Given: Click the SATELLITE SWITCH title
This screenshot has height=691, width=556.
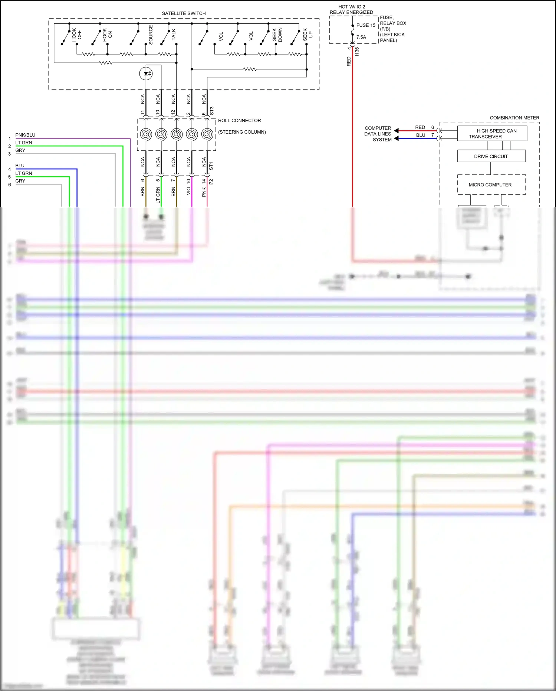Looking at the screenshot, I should pyautogui.click(x=184, y=13).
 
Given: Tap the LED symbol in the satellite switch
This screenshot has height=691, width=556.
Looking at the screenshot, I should pyautogui.click(x=146, y=73).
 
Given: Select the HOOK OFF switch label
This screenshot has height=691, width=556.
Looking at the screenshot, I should pyautogui.click(x=76, y=35).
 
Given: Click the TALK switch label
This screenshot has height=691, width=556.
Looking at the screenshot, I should pyautogui.click(x=173, y=35).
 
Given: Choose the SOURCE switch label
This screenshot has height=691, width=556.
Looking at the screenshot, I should pyautogui.click(x=151, y=35).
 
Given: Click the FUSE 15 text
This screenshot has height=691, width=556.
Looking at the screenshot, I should pyautogui.click(x=366, y=25).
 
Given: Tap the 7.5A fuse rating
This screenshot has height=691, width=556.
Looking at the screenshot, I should pyautogui.click(x=361, y=37).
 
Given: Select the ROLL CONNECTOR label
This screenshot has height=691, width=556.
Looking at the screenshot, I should pyautogui.click(x=239, y=121).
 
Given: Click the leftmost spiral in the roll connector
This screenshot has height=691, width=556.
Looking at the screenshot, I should pyautogui.click(x=146, y=134).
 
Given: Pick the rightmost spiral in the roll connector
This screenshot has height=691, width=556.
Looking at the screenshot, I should pyautogui.click(x=207, y=134).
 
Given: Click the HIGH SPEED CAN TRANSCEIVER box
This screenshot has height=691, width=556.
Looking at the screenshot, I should pyautogui.click(x=492, y=134).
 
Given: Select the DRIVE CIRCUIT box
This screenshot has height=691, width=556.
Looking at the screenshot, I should pyautogui.click(x=491, y=156).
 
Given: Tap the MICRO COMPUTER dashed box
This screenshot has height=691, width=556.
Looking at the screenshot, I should pyautogui.click(x=491, y=185).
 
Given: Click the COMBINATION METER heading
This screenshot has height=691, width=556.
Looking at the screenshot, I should pyautogui.click(x=514, y=118).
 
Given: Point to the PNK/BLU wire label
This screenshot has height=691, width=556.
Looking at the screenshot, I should pyautogui.click(x=25, y=135).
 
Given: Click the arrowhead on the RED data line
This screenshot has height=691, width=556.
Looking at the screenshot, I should pyautogui.click(x=396, y=131).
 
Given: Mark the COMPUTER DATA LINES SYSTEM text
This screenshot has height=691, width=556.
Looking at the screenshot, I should pyautogui.click(x=378, y=134).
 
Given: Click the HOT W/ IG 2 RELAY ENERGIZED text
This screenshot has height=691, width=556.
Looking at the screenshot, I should pyautogui.click(x=351, y=9).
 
